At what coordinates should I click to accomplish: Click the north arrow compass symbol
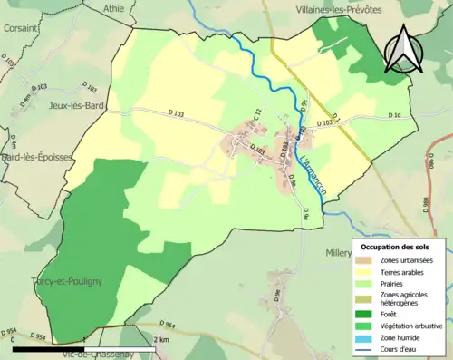click(x=403, y=49)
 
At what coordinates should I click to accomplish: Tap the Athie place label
click(x=113, y=8)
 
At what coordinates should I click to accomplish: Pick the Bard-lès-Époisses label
click(x=37, y=157)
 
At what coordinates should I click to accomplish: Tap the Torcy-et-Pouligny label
click(x=65, y=281)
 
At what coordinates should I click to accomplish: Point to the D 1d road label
click(x=394, y=116)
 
